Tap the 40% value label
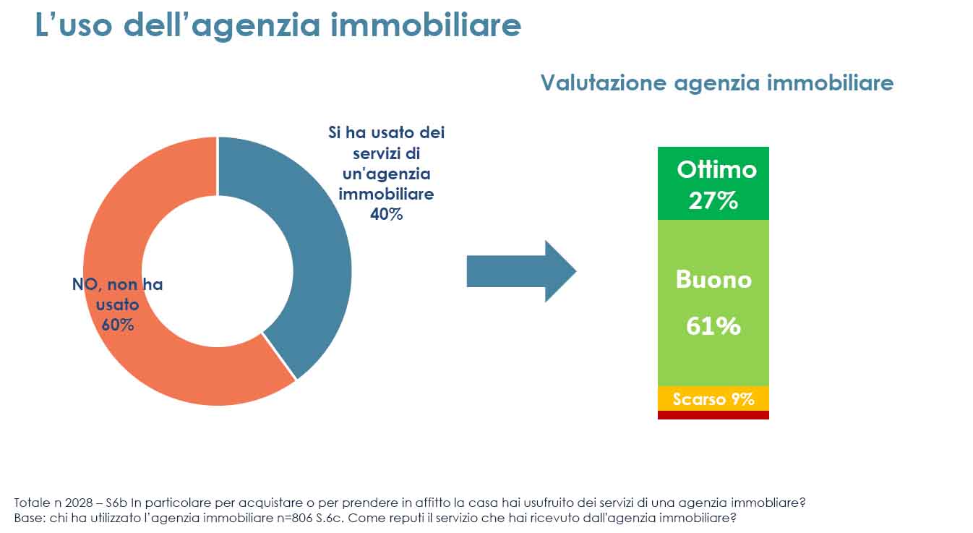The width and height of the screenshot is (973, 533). click(x=386, y=214)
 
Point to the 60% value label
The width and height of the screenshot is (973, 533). click(x=118, y=325)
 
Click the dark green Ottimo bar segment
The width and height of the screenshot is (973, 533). click(x=713, y=183)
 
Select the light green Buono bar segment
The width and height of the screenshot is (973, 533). click(x=713, y=303)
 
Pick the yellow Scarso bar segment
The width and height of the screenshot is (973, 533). click(x=713, y=398)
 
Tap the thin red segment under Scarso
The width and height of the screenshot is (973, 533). click(x=713, y=415)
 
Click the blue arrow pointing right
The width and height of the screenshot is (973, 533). click(x=521, y=271)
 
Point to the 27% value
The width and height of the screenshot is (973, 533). click(x=713, y=201)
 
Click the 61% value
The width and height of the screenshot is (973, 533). click(x=713, y=325)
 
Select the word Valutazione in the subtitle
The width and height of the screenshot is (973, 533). click(x=604, y=82)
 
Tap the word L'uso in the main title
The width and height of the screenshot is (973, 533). click(x=74, y=25)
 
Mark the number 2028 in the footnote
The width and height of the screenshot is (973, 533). click(x=79, y=503)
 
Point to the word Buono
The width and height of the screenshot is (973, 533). click(x=713, y=279)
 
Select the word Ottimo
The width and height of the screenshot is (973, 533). click(x=716, y=169)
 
